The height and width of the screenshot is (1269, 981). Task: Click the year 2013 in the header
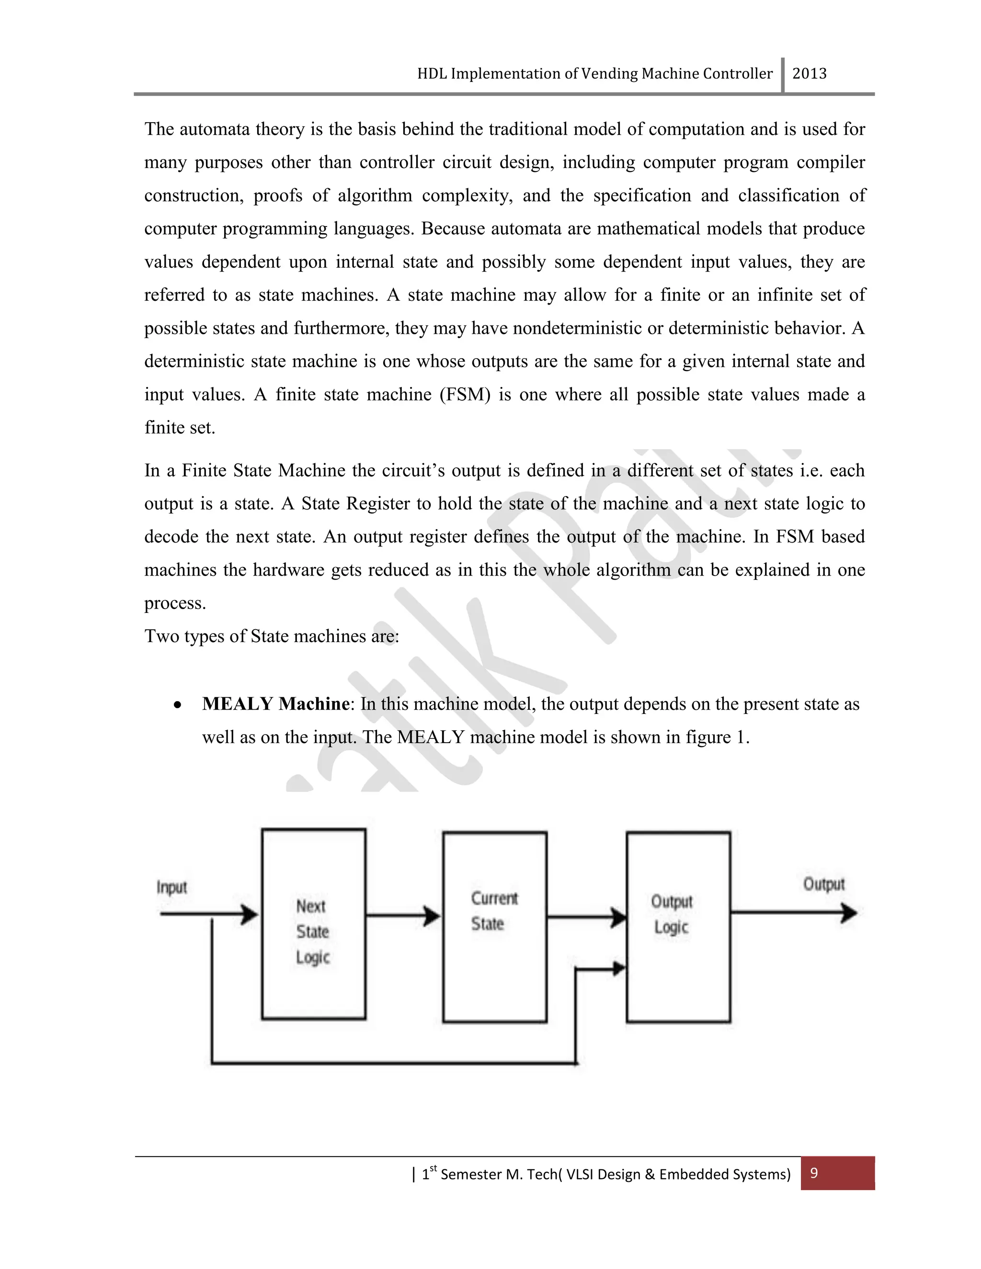coord(809,74)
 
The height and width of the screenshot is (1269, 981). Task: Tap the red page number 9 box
coord(837,1173)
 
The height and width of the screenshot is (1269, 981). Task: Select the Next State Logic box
coord(313,924)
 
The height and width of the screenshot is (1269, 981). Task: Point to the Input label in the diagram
coord(171,887)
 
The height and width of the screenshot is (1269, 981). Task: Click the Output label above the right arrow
coord(823,884)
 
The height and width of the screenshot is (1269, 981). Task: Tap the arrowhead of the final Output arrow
coord(850,913)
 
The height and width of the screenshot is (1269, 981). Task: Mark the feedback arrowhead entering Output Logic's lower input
coord(619,968)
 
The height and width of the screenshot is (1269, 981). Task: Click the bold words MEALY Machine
coord(275,703)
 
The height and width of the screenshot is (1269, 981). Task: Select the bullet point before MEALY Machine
coord(178,705)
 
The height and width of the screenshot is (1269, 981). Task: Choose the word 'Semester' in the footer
coord(471,1174)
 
